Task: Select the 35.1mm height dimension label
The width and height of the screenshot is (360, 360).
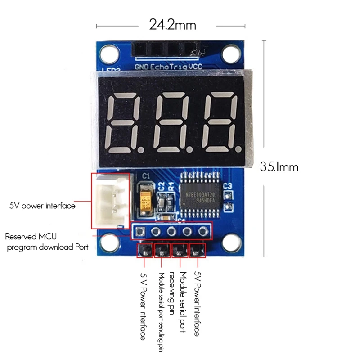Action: (279, 167)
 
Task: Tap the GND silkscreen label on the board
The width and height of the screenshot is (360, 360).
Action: (142, 67)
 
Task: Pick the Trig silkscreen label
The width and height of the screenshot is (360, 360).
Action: (179, 67)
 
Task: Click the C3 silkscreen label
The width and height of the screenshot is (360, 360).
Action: (227, 185)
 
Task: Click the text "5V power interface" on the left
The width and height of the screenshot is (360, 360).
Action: (42, 206)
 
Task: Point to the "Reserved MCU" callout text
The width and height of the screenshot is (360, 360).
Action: (31, 236)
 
